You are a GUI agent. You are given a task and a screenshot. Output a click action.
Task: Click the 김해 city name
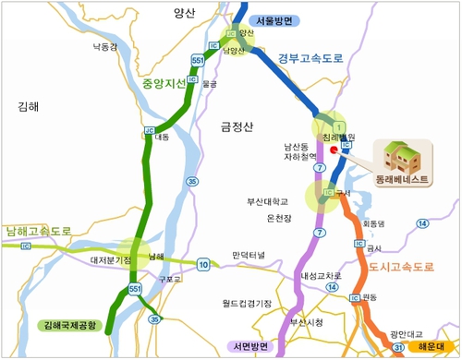(29, 106)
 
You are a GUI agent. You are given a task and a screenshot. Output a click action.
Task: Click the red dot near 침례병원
(334, 147)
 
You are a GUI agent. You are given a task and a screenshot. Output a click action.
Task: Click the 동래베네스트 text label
(403, 179)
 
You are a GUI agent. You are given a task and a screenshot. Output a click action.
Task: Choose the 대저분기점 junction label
(112, 261)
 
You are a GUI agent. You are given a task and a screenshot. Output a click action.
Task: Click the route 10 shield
(203, 263)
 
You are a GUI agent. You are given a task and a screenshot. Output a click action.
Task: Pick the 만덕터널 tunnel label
(249, 254)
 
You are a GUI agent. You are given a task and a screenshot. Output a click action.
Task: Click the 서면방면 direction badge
(253, 347)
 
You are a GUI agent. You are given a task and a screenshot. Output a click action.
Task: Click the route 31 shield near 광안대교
(398, 347)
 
